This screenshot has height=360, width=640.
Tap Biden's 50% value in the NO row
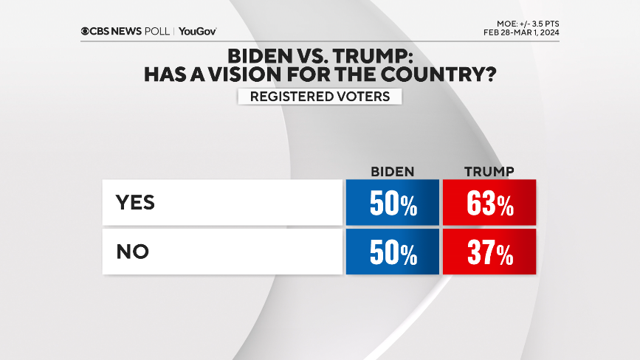[392, 253]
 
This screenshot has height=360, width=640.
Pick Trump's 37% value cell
[489, 253]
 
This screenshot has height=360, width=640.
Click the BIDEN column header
[392, 172]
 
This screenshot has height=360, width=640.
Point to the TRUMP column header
[489, 172]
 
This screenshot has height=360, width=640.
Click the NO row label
[133, 252]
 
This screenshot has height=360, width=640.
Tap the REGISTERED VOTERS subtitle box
[320, 97]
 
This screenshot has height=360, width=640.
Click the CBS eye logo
[86, 32]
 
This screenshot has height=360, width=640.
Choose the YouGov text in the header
[197, 32]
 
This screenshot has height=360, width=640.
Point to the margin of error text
[526, 23]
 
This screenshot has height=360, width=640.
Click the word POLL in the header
[156, 32]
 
